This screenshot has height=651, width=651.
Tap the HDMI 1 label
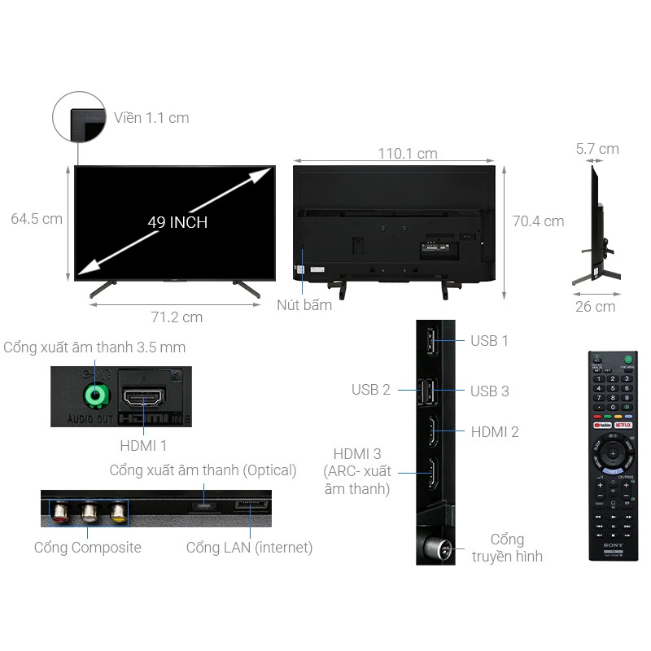(143, 445)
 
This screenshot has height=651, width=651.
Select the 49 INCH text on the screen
(177, 222)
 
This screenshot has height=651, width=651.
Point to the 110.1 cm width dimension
(407, 154)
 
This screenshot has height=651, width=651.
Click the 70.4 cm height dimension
(537, 221)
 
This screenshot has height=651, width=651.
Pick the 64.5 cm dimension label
(37, 218)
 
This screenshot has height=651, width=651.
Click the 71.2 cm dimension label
(175, 317)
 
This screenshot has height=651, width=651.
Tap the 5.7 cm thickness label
(597, 149)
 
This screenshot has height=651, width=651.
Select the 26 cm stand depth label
(595, 307)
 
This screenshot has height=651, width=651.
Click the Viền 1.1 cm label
(151, 118)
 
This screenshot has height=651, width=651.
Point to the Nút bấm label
(304, 305)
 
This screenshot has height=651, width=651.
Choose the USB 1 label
(489, 341)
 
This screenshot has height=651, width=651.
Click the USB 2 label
(371, 390)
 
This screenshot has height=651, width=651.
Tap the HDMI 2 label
(495, 431)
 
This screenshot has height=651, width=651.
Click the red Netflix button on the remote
(623, 424)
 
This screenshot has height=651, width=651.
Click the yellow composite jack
(118, 513)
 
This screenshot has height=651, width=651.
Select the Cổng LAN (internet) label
(249, 548)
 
